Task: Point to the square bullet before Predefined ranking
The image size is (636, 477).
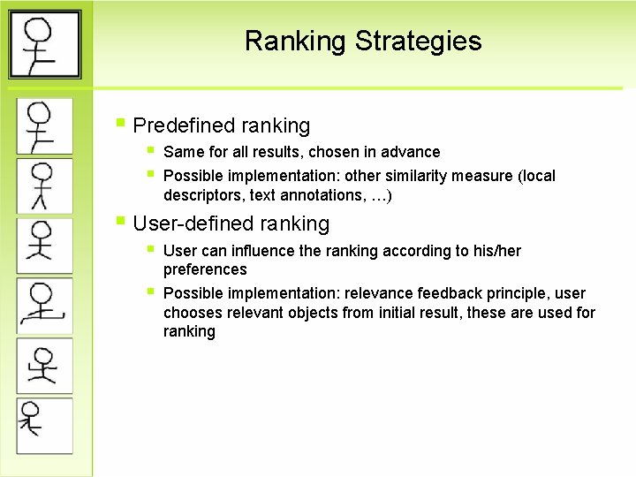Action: click(x=122, y=124)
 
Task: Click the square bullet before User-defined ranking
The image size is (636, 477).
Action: click(x=122, y=222)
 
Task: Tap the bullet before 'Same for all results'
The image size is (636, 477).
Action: click(x=151, y=150)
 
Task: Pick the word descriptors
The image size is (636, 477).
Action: click(x=202, y=195)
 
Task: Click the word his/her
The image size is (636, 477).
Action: click(x=498, y=251)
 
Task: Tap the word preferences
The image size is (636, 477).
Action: click(x=205, y=270)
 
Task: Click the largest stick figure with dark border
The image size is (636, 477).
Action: click(x=44, y=44)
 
